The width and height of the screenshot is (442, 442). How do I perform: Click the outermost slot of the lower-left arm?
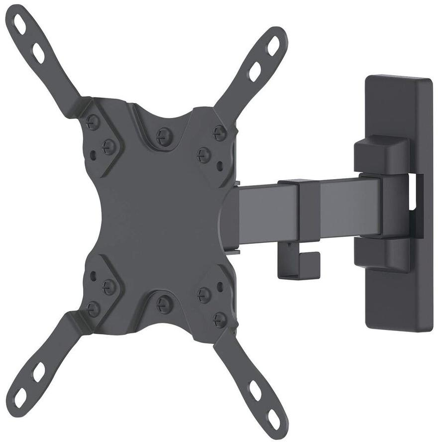(x=20, y=397)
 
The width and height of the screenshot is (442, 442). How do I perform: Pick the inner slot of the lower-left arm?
(x=39, y=371)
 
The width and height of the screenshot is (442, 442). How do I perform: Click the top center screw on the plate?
(x=164, y=135)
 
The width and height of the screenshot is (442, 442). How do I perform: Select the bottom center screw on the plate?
(x=164, y=304)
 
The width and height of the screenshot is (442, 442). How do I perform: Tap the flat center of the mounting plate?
(x=159, y=219)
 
